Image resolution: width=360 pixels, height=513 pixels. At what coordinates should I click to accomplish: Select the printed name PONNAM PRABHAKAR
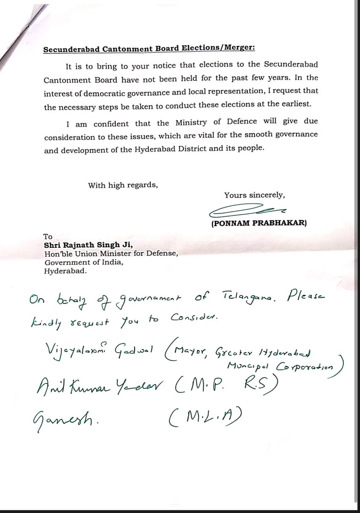[x=258, y=224]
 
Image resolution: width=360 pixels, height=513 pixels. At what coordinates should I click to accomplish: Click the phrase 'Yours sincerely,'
[x=254, y=196]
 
